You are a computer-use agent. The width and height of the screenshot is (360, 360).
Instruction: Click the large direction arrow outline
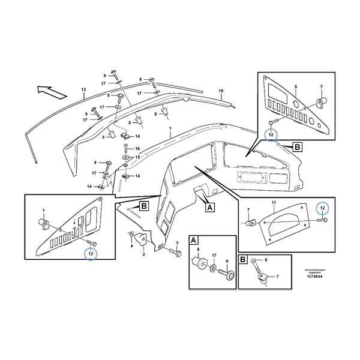coord(49,92)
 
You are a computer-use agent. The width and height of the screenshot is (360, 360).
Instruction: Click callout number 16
coord(137,148)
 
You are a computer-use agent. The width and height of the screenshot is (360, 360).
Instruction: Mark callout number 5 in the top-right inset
coord(295,87)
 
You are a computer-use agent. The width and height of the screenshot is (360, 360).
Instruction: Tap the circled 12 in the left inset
coord(91,254)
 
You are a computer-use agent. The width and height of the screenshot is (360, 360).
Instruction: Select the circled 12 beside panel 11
coord(322,208)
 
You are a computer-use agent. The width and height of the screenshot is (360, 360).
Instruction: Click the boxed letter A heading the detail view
coord(194,239)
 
